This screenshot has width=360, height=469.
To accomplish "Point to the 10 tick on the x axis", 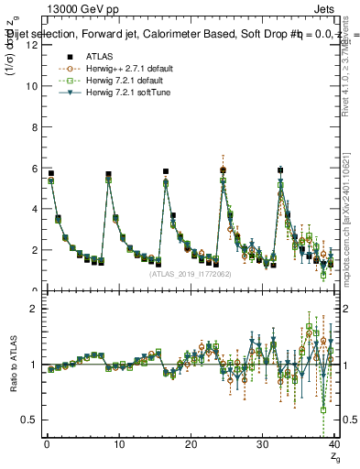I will pos(118,445).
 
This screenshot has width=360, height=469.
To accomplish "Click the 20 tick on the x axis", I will pos(190,445).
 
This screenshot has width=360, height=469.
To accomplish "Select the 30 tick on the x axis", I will pos(262,445).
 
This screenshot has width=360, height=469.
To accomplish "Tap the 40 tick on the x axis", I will pos(333,445).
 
